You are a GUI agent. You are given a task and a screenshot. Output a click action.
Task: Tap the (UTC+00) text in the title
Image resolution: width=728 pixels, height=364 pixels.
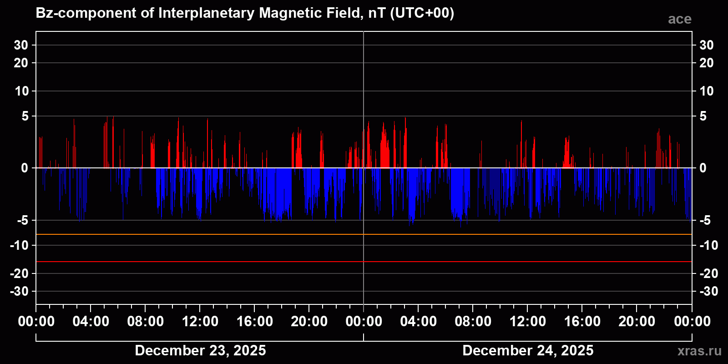pyautogui.click(x=422, y=13)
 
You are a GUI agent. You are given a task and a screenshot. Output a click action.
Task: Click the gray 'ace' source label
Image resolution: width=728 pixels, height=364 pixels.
pyautogui.click(x=679, y=19)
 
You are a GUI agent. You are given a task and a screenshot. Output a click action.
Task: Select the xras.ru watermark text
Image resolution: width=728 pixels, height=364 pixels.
pyautogui.click(x=699, y=351)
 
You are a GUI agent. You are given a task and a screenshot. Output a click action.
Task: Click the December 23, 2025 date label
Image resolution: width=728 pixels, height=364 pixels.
pyautogui.click(x=200, y=350)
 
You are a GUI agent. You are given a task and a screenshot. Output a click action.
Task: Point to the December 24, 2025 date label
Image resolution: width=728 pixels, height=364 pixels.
pyautogui.click(x=528, y=350)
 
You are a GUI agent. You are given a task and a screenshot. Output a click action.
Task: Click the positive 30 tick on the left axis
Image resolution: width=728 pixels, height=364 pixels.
pyautogui.click(x=21, y=45)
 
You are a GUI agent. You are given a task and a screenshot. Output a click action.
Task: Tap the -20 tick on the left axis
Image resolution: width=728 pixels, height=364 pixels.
pyautogui.click(x=19, y=273)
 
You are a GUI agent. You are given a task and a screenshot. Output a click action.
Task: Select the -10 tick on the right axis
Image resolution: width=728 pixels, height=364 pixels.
pyautogui.click(x=708, y=245)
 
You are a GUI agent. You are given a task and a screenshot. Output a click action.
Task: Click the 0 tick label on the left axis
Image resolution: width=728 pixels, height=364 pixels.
pyautogui.click(x=25, y=168)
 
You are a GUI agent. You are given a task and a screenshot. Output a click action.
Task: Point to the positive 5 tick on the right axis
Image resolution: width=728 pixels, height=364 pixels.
pyautogui.click(x=703, y=116)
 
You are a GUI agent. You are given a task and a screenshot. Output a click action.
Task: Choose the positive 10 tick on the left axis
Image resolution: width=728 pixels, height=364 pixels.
pyautogui.click(x=21, y=91)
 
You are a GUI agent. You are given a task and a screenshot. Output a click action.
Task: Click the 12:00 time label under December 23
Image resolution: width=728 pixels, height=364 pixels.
pyautogui.click(x=200, y=322)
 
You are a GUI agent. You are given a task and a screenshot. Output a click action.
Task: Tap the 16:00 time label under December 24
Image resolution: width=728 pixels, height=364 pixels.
pyautogui.click(x=582, y=322)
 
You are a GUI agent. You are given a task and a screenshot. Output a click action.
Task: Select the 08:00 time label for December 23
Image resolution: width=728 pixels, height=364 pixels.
pyautogui.click(x=145, y=322)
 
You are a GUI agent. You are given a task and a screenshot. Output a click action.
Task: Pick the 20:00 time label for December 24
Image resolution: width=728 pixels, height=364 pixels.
pyautogui.click(x=637, y=322)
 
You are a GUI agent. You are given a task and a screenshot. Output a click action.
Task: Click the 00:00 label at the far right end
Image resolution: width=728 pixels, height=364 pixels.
pyautogui.click(x=692, y=322)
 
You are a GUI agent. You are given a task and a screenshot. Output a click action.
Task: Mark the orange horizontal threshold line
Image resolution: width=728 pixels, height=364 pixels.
pyautogui.click(x=273, y=234)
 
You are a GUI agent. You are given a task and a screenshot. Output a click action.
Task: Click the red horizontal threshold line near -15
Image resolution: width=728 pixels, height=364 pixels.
pyautogui.click(x=273, y=262)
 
